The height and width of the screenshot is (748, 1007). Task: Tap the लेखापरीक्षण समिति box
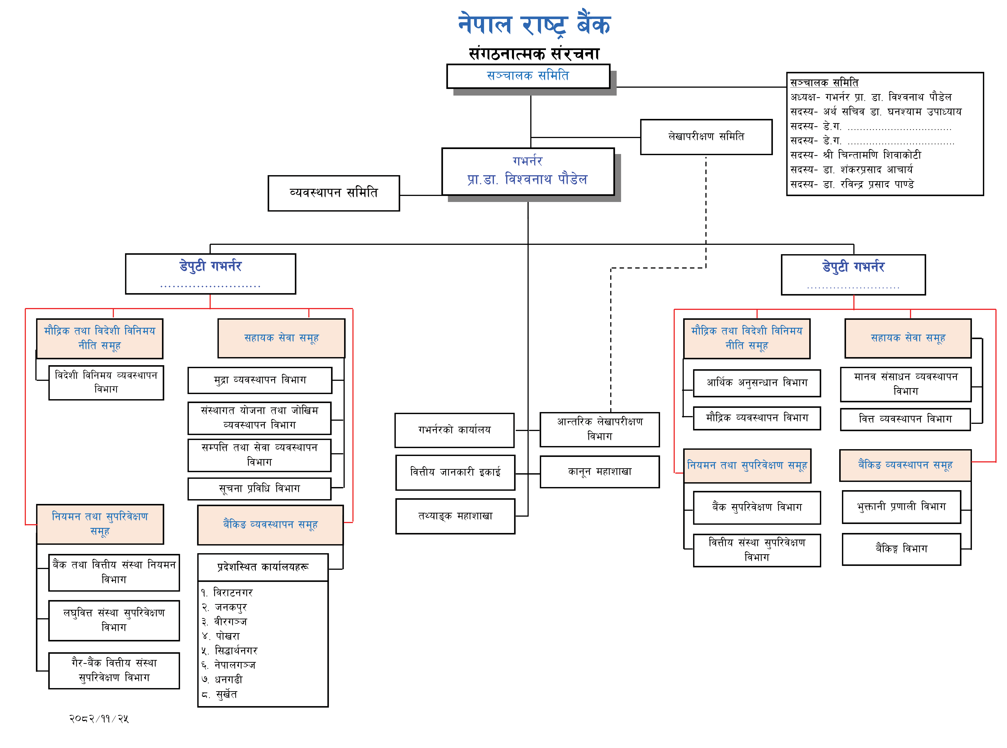(x=706, y=137)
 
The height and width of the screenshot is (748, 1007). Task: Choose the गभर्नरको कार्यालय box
(x=454, y=430)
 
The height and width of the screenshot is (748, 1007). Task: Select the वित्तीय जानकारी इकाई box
(x=455, y=472)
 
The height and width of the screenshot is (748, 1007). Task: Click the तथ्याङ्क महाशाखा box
(x=455, y=516)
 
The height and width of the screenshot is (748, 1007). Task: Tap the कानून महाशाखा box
(x=599, y=472)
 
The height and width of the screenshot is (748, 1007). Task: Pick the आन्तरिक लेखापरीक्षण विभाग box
(x=599, y=429)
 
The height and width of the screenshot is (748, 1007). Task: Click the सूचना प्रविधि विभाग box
(x=259, y=488)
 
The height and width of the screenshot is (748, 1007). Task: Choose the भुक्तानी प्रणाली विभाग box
(x=901, y=507)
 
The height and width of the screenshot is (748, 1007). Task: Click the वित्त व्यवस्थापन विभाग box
(x=905, y=419)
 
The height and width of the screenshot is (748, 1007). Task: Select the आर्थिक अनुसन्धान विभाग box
(x=757, y=383)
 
